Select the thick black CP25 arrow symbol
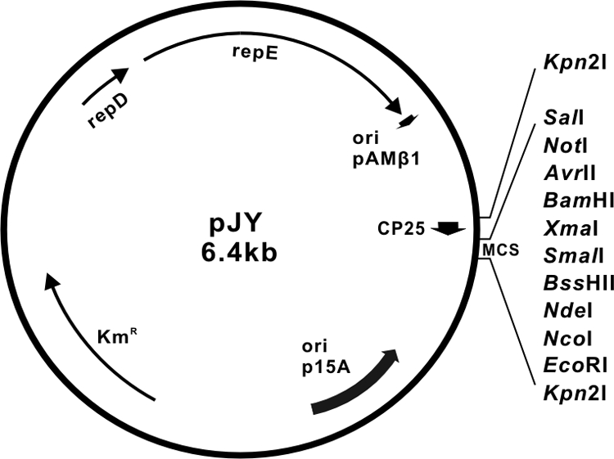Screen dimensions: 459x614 tap(448, 228)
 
